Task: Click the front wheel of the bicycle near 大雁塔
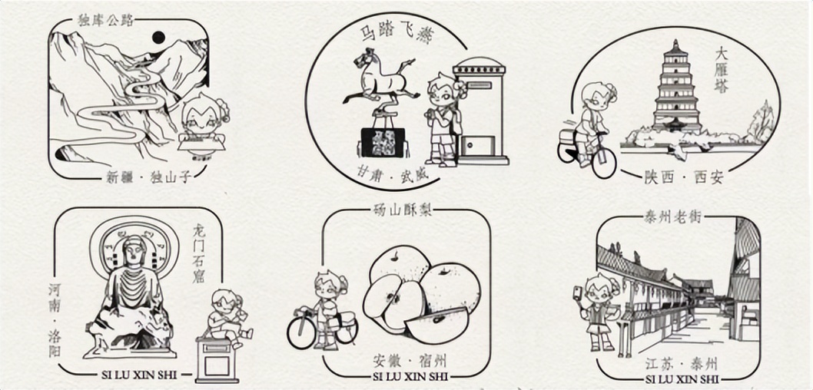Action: pyautogui.click(x=604, y=161)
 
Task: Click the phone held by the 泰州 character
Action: pyautogui.click(x=576, y=292)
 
